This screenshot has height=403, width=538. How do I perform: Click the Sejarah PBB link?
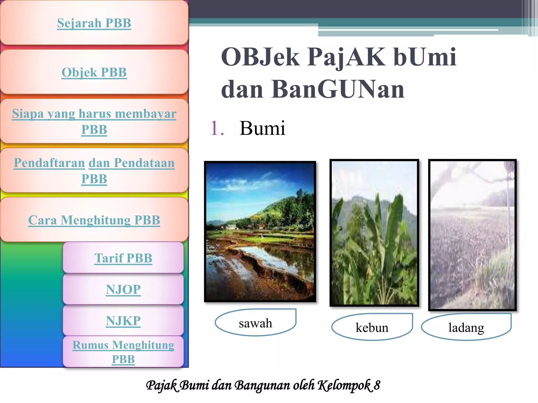pos(94,23)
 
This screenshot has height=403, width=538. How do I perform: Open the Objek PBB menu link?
pos(94,72)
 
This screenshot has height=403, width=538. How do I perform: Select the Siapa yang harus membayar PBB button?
pos(94,121)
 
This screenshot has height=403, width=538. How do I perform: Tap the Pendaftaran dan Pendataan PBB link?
pos(94,171)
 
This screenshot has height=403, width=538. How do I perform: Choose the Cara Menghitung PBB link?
pos(94,220)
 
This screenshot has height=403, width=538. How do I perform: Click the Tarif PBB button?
pos(123,258)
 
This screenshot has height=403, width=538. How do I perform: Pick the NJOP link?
pos(123,289)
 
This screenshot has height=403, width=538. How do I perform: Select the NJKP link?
pos(123,321)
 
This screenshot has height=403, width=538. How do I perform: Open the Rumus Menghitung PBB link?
pos(123,352)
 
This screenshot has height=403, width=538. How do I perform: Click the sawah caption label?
pos(255,323)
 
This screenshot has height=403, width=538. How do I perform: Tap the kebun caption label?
pos(372,327)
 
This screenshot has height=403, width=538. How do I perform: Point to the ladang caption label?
pos(466,327)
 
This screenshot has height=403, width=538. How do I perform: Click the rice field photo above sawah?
pos(260,231)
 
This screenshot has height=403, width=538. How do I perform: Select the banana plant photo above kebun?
pos(374,232)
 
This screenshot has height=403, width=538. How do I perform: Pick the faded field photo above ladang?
pos(472,235)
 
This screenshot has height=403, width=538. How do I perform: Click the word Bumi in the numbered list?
pos(262,128)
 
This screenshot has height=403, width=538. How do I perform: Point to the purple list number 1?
pos(217,128)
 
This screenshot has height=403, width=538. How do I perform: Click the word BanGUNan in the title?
pos(338,89)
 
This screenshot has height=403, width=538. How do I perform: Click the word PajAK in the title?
pos(346,57)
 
